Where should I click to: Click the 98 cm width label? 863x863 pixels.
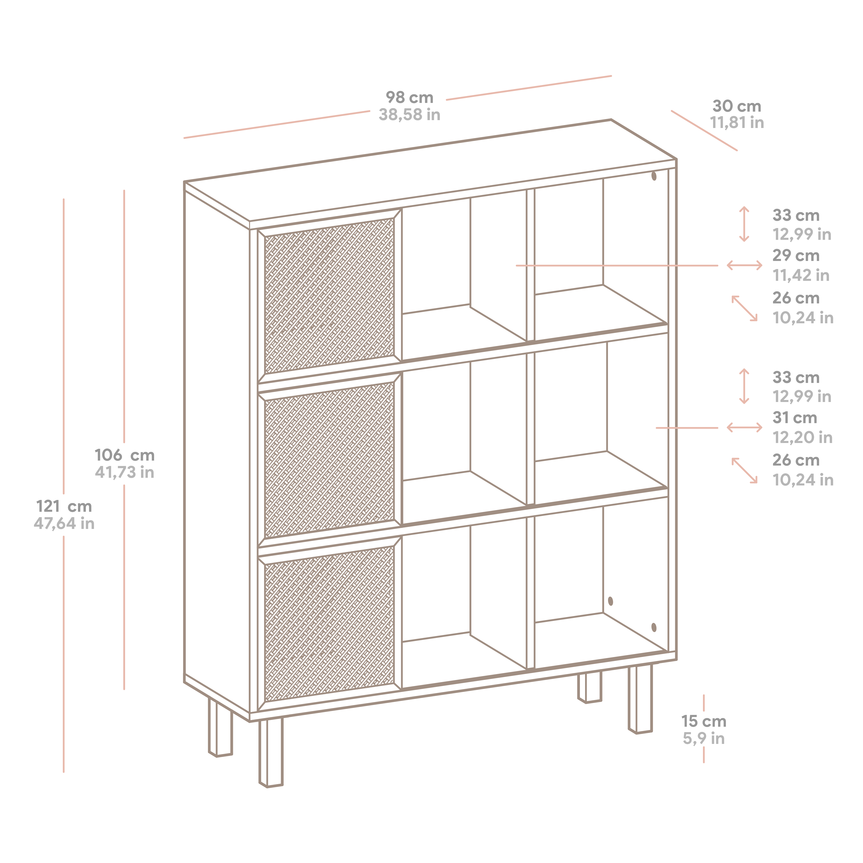click(409, 97)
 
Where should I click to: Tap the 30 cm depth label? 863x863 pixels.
click(737, 106)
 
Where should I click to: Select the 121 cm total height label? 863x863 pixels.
click(64, 507)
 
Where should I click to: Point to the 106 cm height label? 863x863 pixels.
click(125, 455)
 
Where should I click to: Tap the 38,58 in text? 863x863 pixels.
click(409, 115)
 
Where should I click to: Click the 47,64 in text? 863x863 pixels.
click(64, 524)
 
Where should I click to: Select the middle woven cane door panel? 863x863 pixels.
click(329, 460)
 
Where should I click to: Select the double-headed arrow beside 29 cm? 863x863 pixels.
click(744, 265)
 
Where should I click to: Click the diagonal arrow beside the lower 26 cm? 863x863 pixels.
click(744, 470)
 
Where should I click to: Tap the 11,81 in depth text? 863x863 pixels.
click(737, 123)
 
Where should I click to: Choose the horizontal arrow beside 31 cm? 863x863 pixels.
click(744, 427)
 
